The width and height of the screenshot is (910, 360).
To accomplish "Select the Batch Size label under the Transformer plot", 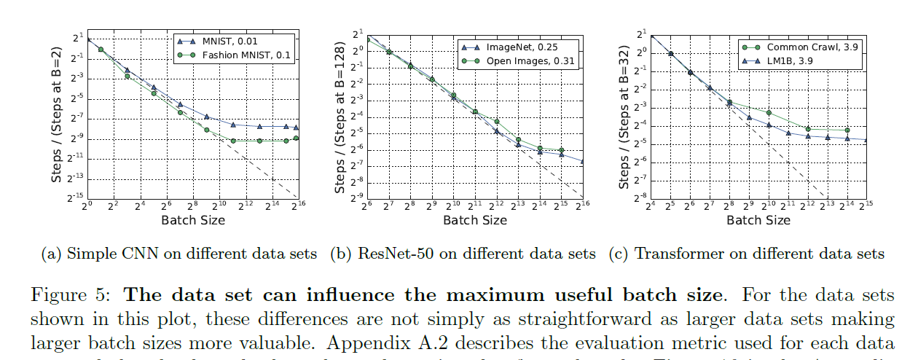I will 758,219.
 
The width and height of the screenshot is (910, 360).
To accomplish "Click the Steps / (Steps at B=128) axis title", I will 340,117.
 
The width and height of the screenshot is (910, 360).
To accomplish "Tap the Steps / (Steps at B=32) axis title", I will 624,117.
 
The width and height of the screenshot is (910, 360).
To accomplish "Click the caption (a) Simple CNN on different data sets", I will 180,254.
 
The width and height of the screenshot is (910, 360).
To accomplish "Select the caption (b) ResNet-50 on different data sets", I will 463,254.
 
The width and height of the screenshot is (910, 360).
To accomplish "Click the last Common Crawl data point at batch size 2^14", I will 847,130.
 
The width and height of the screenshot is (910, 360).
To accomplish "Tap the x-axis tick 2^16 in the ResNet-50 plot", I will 583,206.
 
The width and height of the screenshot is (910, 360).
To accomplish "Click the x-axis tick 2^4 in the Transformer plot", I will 650,206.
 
